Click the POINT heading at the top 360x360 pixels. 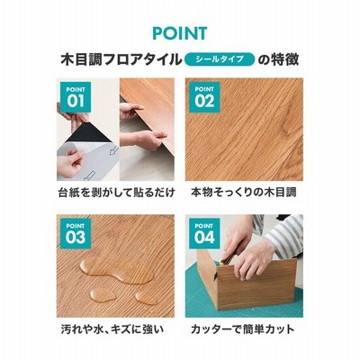click(180, 33)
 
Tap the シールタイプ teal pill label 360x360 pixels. click(220, 59)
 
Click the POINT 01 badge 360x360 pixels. click(76, 97)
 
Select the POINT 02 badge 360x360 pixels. click(204, 97)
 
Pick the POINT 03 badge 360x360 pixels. click(76, 233)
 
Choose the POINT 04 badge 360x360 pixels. click(204, 233)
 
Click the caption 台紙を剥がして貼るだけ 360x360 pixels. click(116, 193)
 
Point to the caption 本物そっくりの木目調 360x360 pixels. click(244, 193)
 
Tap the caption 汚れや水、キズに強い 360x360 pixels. click(112, 329)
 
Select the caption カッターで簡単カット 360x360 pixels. click(242, 329)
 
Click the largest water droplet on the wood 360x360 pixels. click(117, 270)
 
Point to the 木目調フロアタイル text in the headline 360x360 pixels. click(121, 59)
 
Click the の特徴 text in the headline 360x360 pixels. click(278, 59)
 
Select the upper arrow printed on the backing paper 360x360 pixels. click(113, 150)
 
